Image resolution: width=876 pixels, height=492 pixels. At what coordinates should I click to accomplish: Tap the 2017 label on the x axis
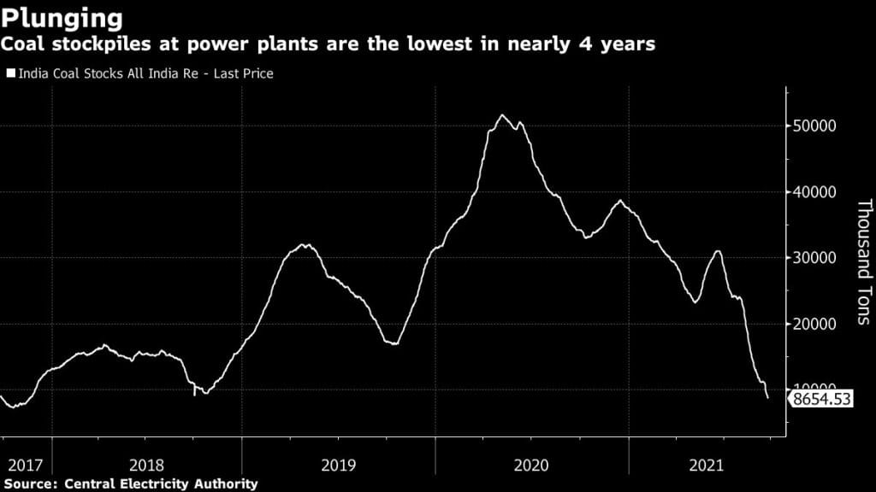(24, 466)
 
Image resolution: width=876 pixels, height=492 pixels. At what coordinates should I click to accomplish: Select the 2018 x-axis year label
(146, 466)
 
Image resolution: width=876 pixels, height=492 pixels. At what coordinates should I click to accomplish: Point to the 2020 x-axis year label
(531, 466)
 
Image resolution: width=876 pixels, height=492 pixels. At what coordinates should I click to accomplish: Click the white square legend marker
(10, 74)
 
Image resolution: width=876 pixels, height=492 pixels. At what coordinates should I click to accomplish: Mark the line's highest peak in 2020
(502, 115)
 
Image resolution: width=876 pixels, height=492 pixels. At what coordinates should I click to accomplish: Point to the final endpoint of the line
(767, 398)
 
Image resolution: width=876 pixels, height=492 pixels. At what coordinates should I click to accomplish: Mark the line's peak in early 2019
(305, 245)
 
